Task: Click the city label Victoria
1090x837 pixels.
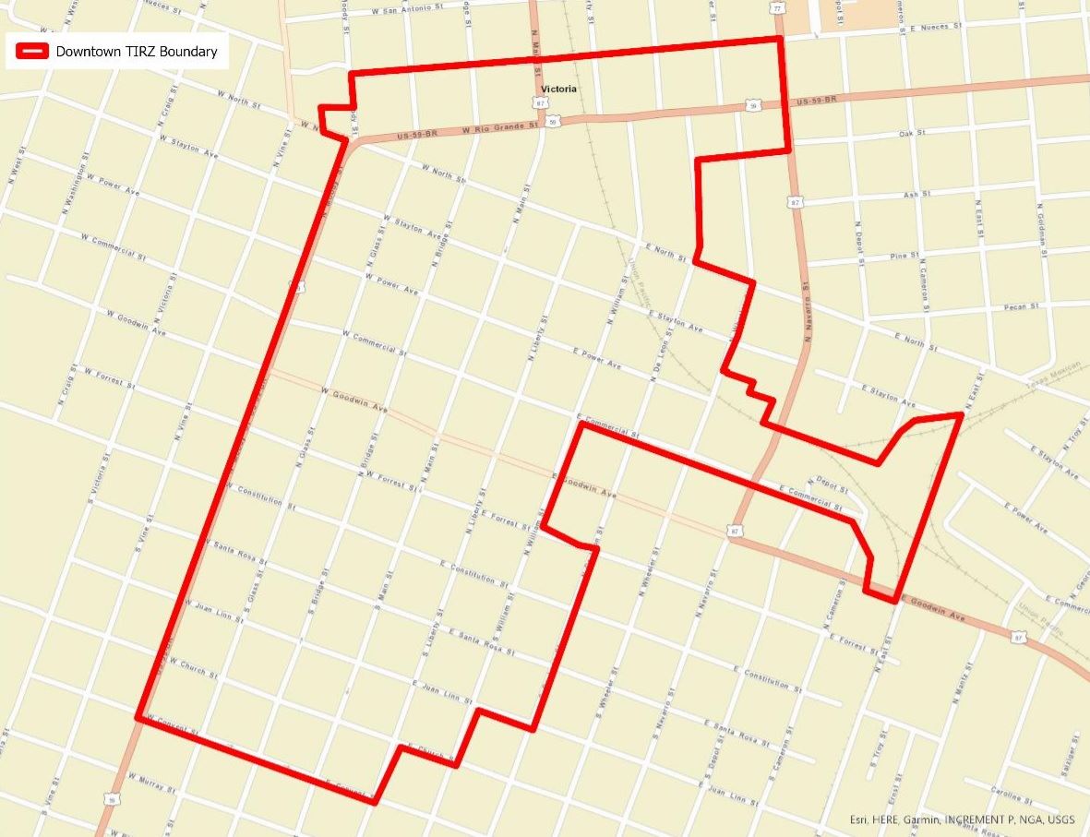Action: click(x=559, y=90)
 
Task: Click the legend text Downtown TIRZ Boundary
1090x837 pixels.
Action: click(x=137, y=52)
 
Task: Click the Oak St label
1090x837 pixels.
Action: click(x=912, y=134)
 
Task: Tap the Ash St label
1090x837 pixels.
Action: click(x=912, y=195)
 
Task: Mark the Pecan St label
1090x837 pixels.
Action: click(x=1022, y=305)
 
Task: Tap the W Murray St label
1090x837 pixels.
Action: click(x=151, y=783)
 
